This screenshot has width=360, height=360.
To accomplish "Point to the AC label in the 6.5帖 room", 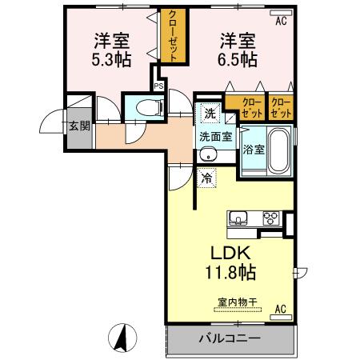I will point(281,22).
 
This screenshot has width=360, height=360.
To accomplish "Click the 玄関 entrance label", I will point(78,125).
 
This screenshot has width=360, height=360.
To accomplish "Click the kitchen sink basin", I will point(240,218).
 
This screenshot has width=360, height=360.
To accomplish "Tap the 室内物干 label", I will point(237,302).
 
